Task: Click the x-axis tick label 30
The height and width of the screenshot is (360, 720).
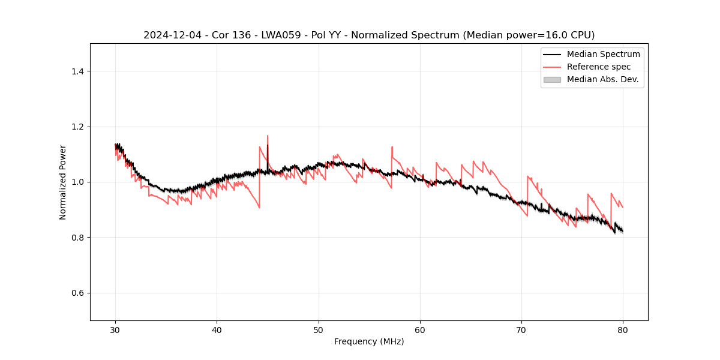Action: point(116,330)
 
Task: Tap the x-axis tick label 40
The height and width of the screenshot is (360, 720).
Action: point(217,330)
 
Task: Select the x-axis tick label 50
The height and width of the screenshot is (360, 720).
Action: point(319,330)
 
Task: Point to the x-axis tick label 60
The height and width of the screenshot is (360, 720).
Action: point(420,330)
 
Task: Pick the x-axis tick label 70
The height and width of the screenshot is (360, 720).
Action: point(521,330)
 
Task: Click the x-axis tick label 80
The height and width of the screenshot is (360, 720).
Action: point(623,330)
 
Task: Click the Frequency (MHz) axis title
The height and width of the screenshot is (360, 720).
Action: point(369,342)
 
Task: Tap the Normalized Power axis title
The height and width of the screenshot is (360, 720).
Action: point(63,182)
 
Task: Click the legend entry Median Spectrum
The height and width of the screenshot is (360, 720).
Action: point(603,54)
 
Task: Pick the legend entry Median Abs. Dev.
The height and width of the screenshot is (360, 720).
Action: point(602,79)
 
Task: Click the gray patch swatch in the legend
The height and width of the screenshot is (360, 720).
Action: point(552,79)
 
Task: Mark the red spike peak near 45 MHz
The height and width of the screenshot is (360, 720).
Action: point(268,136)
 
